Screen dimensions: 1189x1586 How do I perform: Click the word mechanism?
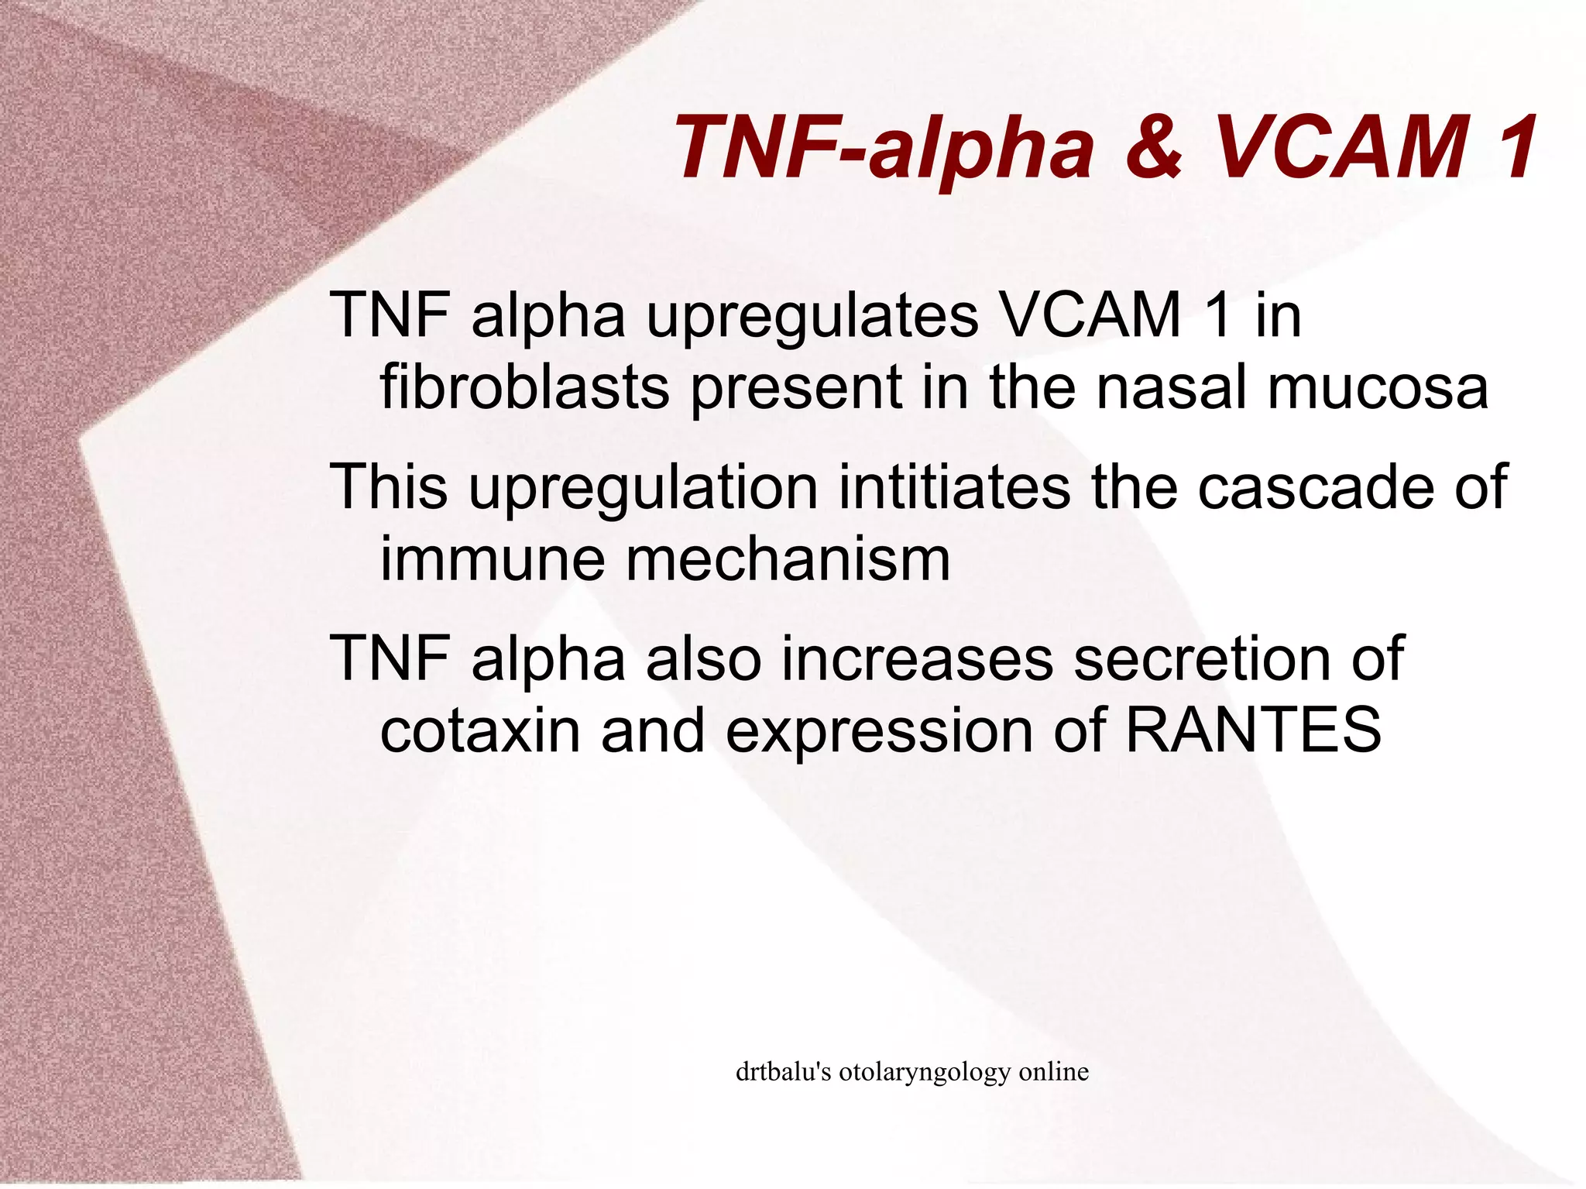tap(788, 559)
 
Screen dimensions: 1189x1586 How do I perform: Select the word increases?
tap(917, 659)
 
